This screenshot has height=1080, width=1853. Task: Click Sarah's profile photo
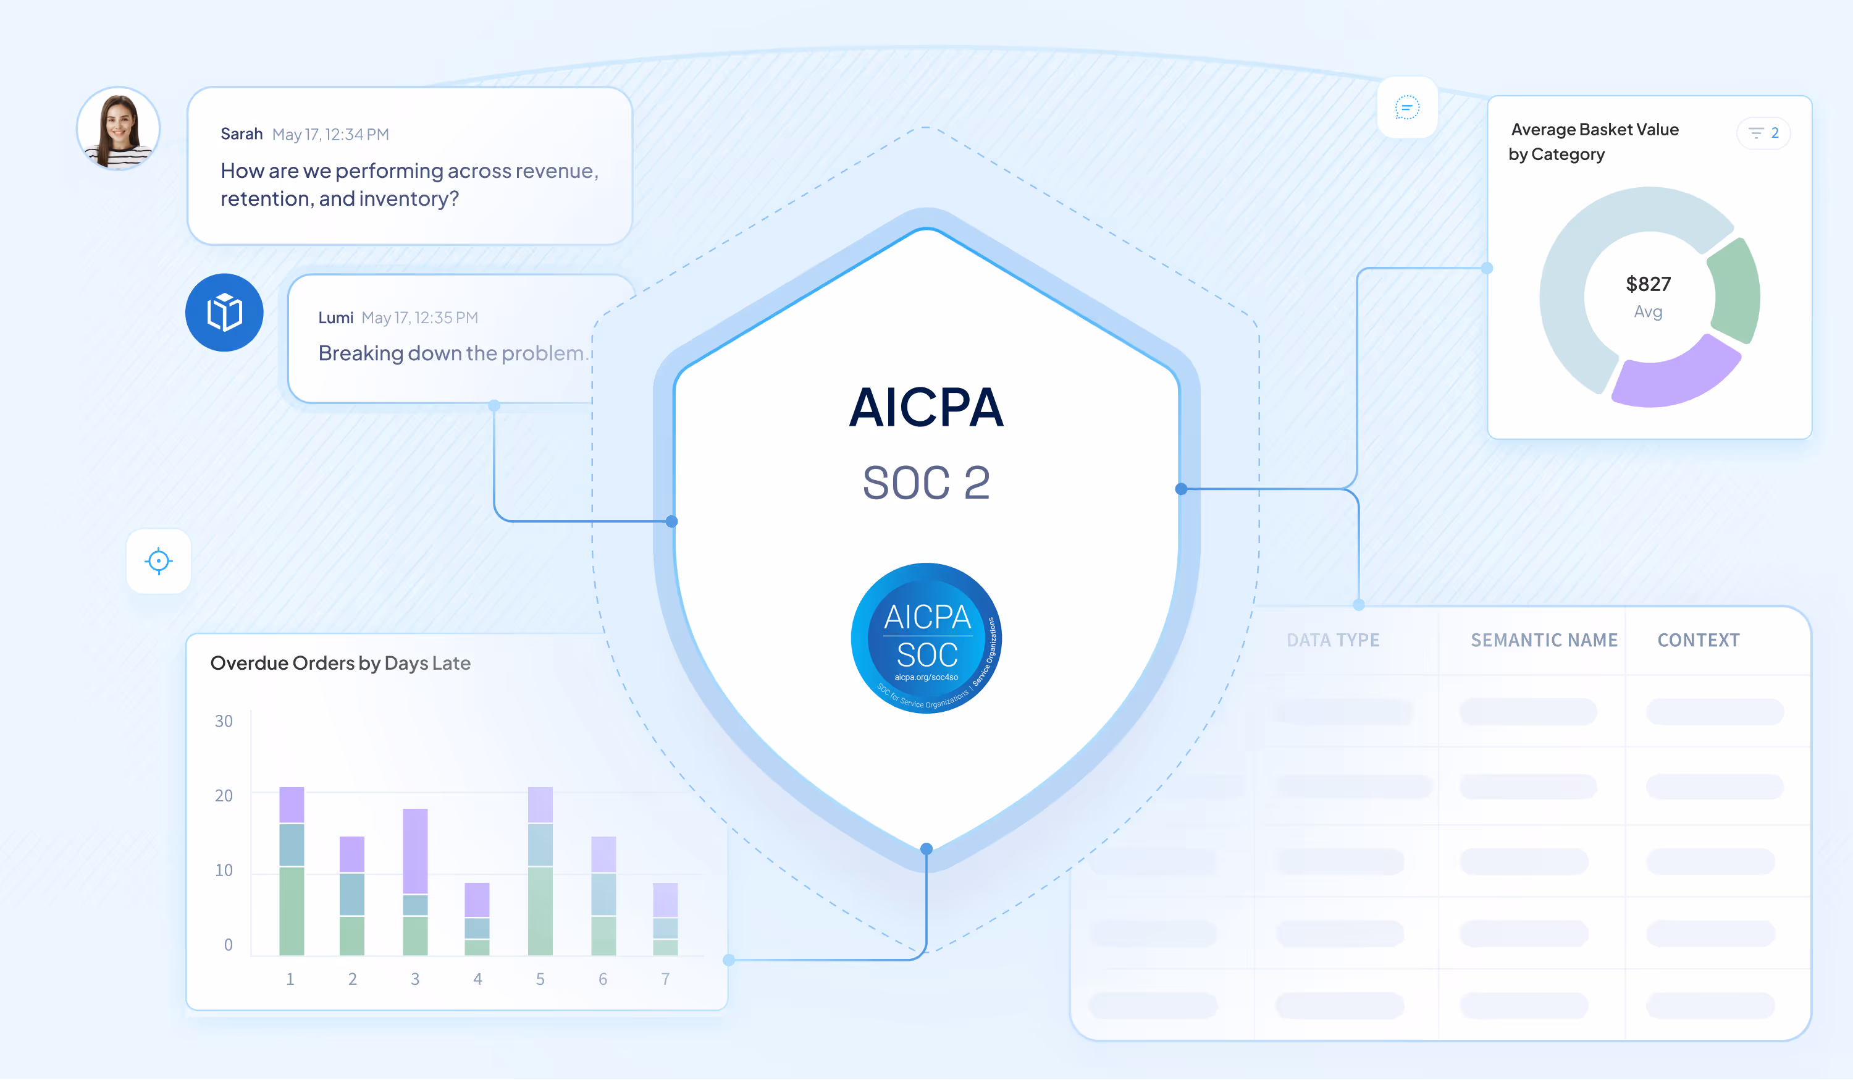119,129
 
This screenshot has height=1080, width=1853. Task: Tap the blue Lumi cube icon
224,313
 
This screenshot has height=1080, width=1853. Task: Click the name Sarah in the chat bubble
241,134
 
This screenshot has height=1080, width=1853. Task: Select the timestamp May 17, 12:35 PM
419,318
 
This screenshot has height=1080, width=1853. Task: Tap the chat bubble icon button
1406,108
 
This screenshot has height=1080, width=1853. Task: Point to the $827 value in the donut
1648,284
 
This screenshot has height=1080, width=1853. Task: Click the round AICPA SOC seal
926,638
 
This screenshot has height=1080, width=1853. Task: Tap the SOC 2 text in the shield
926,483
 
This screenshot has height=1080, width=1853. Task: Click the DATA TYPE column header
1332,640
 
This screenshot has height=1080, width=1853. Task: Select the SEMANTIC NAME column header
1544,640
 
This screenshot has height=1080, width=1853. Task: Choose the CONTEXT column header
1698,640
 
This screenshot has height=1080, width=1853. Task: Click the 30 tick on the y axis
224,721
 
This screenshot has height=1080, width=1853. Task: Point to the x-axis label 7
665,979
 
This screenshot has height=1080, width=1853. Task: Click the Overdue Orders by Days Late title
340,664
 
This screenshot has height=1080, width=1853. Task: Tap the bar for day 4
477,919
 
